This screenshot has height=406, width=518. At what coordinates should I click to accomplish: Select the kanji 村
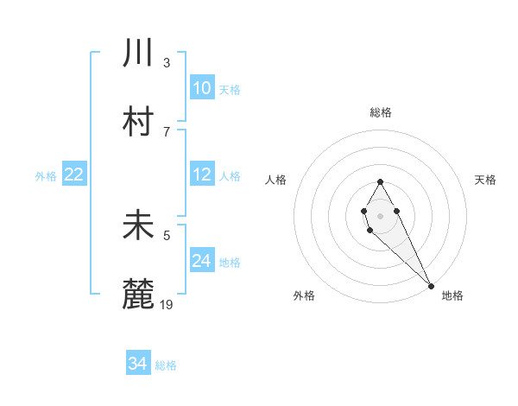(138, 121)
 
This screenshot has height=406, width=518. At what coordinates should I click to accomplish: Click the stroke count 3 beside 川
(167, 62)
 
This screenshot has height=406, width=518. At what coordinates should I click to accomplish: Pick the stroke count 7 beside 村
(167, 131)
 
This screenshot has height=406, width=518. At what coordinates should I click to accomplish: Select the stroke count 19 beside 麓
(167, 304)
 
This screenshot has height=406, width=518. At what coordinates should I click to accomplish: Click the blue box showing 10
(202, 88)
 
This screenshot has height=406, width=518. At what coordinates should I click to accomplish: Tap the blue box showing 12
(202, 174)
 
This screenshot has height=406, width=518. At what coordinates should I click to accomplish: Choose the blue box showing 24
(202, 261)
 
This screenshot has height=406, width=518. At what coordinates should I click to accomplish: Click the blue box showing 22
(74, 174)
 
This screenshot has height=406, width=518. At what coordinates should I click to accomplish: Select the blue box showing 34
(137, 365)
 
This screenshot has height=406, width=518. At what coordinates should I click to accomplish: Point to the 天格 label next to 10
(230, 89)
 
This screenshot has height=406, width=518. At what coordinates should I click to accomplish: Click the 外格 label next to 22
(46, 175)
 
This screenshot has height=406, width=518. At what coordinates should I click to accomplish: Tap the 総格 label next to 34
(166, 365)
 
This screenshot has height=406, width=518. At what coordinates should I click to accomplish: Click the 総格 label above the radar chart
(381, 112)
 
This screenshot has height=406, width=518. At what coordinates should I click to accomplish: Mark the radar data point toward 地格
(431, 286)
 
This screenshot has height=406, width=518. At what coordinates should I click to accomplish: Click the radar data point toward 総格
(380, 181)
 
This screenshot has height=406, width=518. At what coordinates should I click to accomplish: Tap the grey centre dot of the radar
(380, 214)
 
